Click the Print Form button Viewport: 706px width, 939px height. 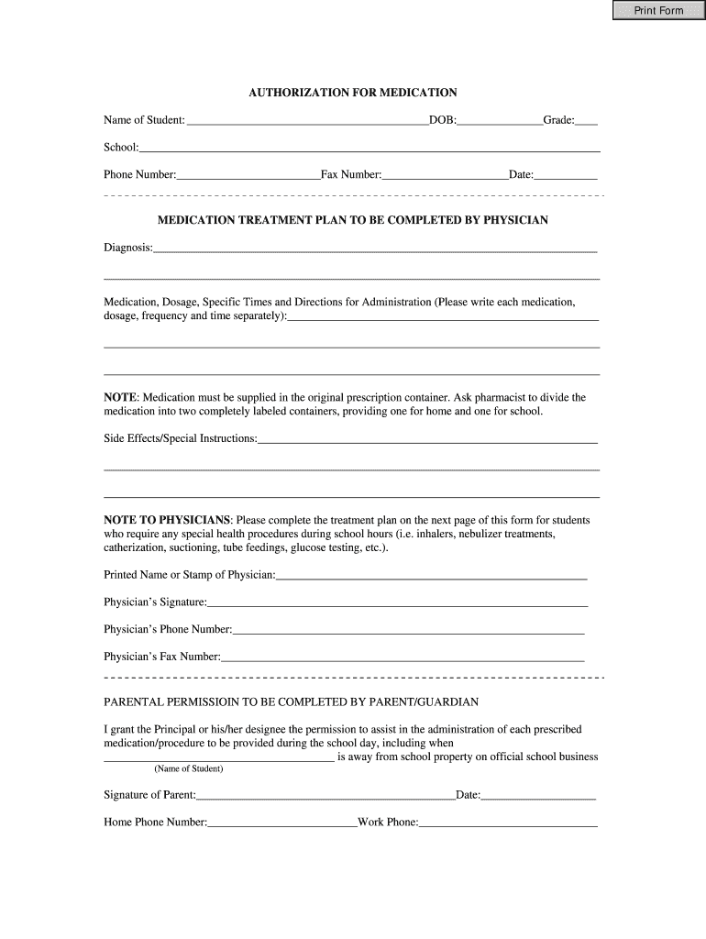point(658,11)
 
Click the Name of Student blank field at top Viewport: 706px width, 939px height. point(306,120)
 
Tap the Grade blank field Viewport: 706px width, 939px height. point(587,120)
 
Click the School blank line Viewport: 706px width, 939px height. point(370,148)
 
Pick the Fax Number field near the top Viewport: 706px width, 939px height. point(445,174)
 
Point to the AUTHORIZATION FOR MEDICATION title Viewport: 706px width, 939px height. point(353,93)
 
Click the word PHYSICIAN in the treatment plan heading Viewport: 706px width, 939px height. point(515,220)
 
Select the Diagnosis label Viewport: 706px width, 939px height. point(128,247)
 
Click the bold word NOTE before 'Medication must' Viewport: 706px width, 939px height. point(120,397)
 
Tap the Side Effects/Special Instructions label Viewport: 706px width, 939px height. point(180,438)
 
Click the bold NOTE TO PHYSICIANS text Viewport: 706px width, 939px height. point(168,520)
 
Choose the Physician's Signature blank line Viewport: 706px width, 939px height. point(397,602)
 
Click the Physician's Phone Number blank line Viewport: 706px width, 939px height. point(408,630)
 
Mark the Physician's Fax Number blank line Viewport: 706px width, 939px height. point(403,657)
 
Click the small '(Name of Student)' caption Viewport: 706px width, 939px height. point(188,769)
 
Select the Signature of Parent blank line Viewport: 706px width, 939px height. point(325,795)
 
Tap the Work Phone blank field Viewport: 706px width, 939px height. point(508,823)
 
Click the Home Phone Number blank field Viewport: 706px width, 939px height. point(282,823)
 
